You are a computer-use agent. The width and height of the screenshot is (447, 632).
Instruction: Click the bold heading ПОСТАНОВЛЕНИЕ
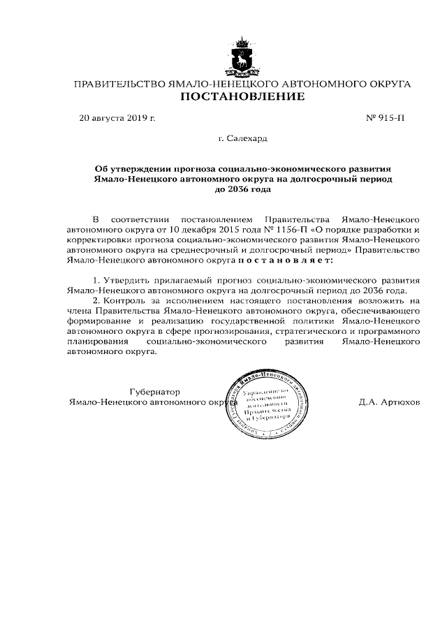click(242, 96)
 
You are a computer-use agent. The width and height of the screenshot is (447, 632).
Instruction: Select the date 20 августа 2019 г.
click(117, 118)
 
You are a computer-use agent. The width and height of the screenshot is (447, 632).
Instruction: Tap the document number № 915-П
click(385, 118)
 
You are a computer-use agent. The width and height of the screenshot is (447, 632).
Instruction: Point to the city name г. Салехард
click(242, 140)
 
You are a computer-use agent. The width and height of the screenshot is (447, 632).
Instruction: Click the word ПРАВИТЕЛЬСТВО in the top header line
click(117, 84)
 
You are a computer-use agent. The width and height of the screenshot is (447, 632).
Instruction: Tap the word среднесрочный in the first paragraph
click(227, 249)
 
